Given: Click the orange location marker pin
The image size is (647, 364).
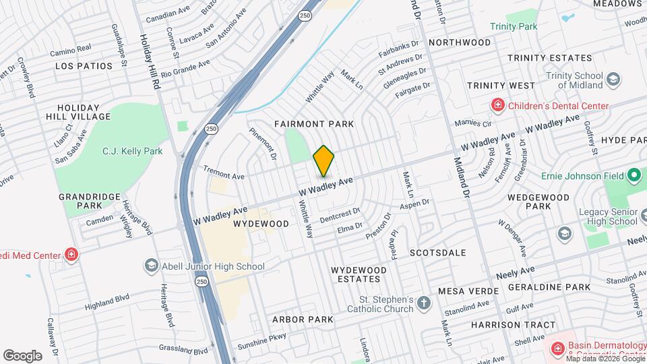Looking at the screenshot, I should (324, 161).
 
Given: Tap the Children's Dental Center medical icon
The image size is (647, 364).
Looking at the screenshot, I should (497, 105).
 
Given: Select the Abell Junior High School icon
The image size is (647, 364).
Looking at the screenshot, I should (151, 266).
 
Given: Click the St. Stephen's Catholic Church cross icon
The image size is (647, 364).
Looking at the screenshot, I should (423, 303).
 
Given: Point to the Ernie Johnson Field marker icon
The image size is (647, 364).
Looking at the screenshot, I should (634, 176).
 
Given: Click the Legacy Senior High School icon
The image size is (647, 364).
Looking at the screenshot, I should (563, 233).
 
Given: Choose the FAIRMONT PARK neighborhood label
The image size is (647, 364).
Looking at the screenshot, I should (314, 125).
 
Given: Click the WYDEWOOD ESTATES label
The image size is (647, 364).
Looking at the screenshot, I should (359, 274).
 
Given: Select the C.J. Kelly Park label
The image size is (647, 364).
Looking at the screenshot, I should (132, 151).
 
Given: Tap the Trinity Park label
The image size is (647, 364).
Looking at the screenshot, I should (514, 26).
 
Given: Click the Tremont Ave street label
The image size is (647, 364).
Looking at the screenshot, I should (222, 175).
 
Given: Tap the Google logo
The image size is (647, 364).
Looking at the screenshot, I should (22, 355).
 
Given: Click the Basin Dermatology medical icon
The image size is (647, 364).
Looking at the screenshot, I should (557, 348).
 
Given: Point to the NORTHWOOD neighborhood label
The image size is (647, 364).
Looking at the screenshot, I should (460, 42).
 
